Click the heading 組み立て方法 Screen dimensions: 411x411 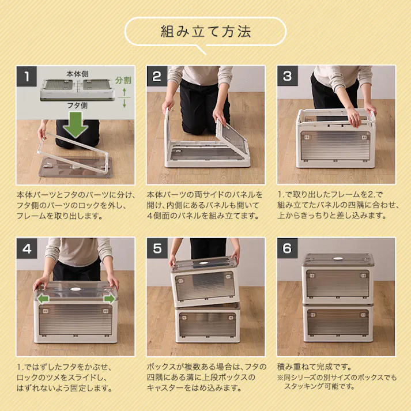coord(205,31)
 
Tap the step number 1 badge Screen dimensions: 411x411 coord(27,76)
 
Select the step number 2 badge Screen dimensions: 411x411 coord(157,76)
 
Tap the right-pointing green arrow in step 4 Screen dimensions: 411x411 coord(108,299)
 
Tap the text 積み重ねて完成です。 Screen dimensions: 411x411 coord(315,367)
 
